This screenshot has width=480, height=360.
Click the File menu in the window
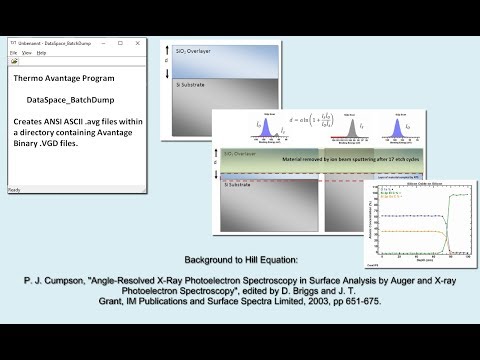coord(13,52)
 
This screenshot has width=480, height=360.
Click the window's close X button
coord(142,43)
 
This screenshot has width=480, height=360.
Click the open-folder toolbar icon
coord(14,61)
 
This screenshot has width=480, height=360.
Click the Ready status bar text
coord(15,189)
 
